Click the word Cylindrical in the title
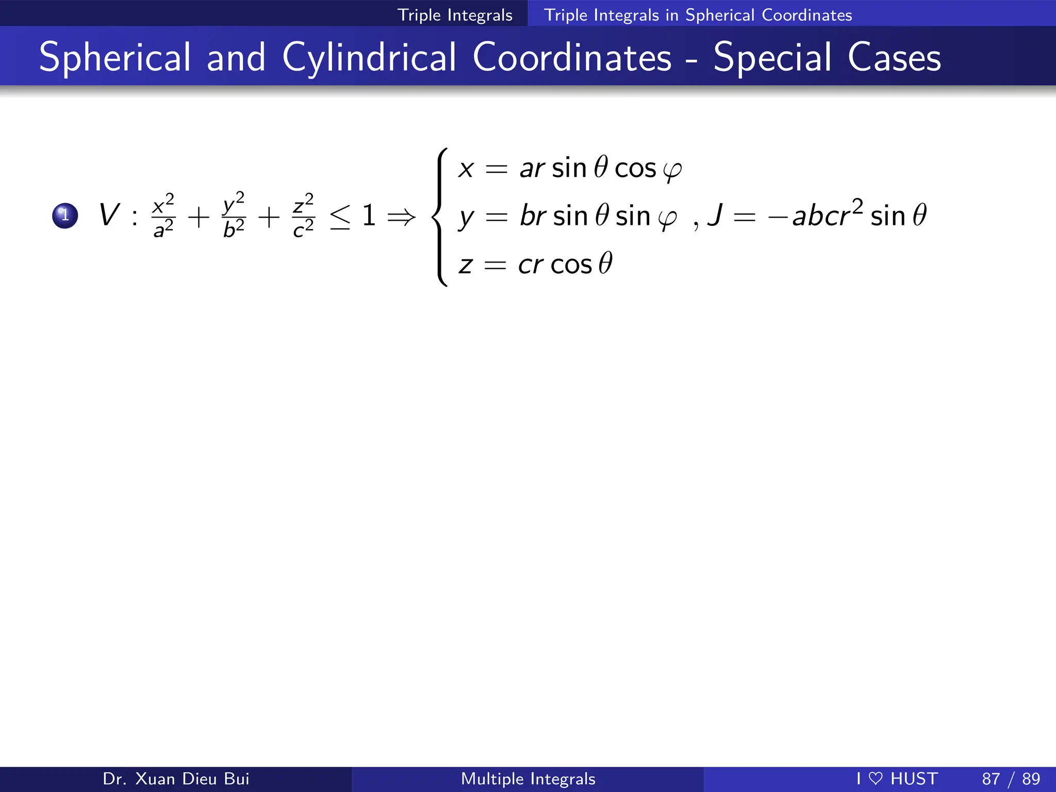(x=369, y=58)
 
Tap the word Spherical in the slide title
(x=115, y=58)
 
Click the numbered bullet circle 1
(x=65, y=216)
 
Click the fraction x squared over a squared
(x=164, y=216)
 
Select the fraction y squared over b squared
(x=234, y=216)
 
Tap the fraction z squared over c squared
(x=303, y=216)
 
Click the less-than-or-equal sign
(x=340, y=217)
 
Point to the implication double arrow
(x=401, y=217)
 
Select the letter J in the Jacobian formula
(x=715, y=215)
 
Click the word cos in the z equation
(x=571, y=265)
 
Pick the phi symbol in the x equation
(x=672, y=170)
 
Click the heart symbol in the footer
(x=876, y=778)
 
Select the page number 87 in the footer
(x=991, y=779)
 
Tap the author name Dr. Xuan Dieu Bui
(x=176, y=779)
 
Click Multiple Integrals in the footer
(x=528, y=779)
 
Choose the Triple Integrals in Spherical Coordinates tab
(x=698, y=15)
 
